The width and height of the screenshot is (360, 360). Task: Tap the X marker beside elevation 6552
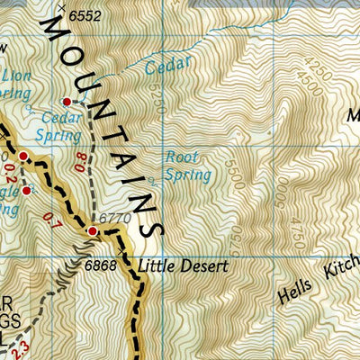coord(61,9)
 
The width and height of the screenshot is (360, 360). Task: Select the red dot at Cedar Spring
coord(66,102)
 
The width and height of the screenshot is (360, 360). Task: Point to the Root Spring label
coord(186,165)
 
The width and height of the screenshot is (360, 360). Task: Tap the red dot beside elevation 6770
coord(92,231)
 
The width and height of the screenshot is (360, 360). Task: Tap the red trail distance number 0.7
coord(48,219)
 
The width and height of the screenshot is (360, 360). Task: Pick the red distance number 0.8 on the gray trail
coord(80,164)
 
